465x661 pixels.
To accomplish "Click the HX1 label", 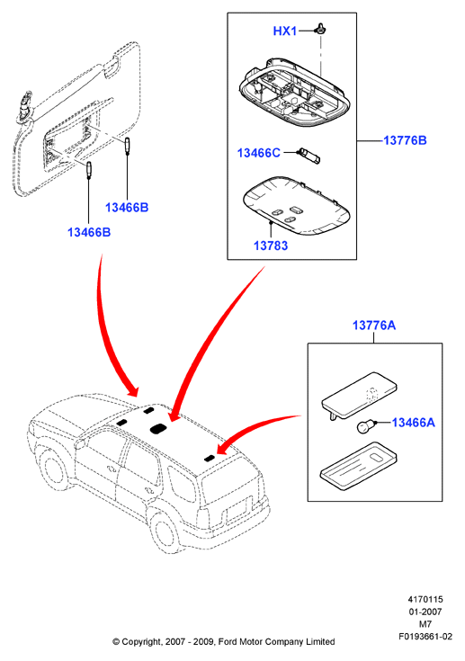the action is click(285, 31).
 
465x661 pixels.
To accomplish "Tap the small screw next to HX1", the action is click(322, 29).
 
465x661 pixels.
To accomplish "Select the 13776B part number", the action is click(405, 140).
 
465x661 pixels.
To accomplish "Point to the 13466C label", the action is click(258, 153).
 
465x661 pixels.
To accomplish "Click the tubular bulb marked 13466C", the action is click(309, 156).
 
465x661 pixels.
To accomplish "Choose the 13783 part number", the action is click(271, 246).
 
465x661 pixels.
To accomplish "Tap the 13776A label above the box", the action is click(374, 325).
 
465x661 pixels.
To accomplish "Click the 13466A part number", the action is click(413, 422).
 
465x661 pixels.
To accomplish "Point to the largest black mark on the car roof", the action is click(157, 428).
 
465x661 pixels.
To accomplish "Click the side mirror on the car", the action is click(79, 443).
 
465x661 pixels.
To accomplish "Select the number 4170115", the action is click(425, 599).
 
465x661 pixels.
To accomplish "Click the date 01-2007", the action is click(425, 612).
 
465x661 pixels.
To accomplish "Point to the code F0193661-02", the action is click(425, 637).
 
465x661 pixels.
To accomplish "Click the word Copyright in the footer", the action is click(141, 642).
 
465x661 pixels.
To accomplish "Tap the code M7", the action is click(425, 624).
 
